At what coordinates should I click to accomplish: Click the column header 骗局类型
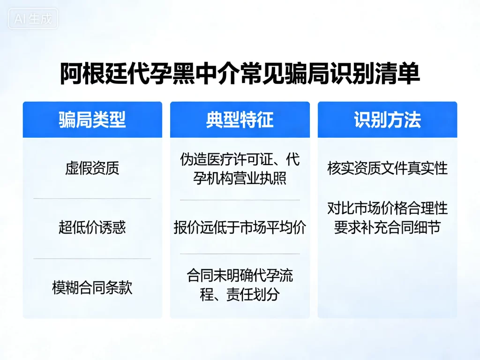(92, 120)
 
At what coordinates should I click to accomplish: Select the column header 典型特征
(240, 120)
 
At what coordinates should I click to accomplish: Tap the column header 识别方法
(387, 120)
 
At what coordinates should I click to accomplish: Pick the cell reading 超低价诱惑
(92, 228)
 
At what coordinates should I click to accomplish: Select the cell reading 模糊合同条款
(92, 287)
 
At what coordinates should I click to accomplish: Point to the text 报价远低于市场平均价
(240, 228)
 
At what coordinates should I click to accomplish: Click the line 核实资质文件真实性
(387, 168)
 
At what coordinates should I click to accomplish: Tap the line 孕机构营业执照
(240, 179)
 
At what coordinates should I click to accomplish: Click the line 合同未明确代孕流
(240, 275)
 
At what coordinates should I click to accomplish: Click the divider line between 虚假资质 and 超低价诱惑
(92, 198)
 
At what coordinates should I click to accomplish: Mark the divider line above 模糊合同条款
(92, 258)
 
